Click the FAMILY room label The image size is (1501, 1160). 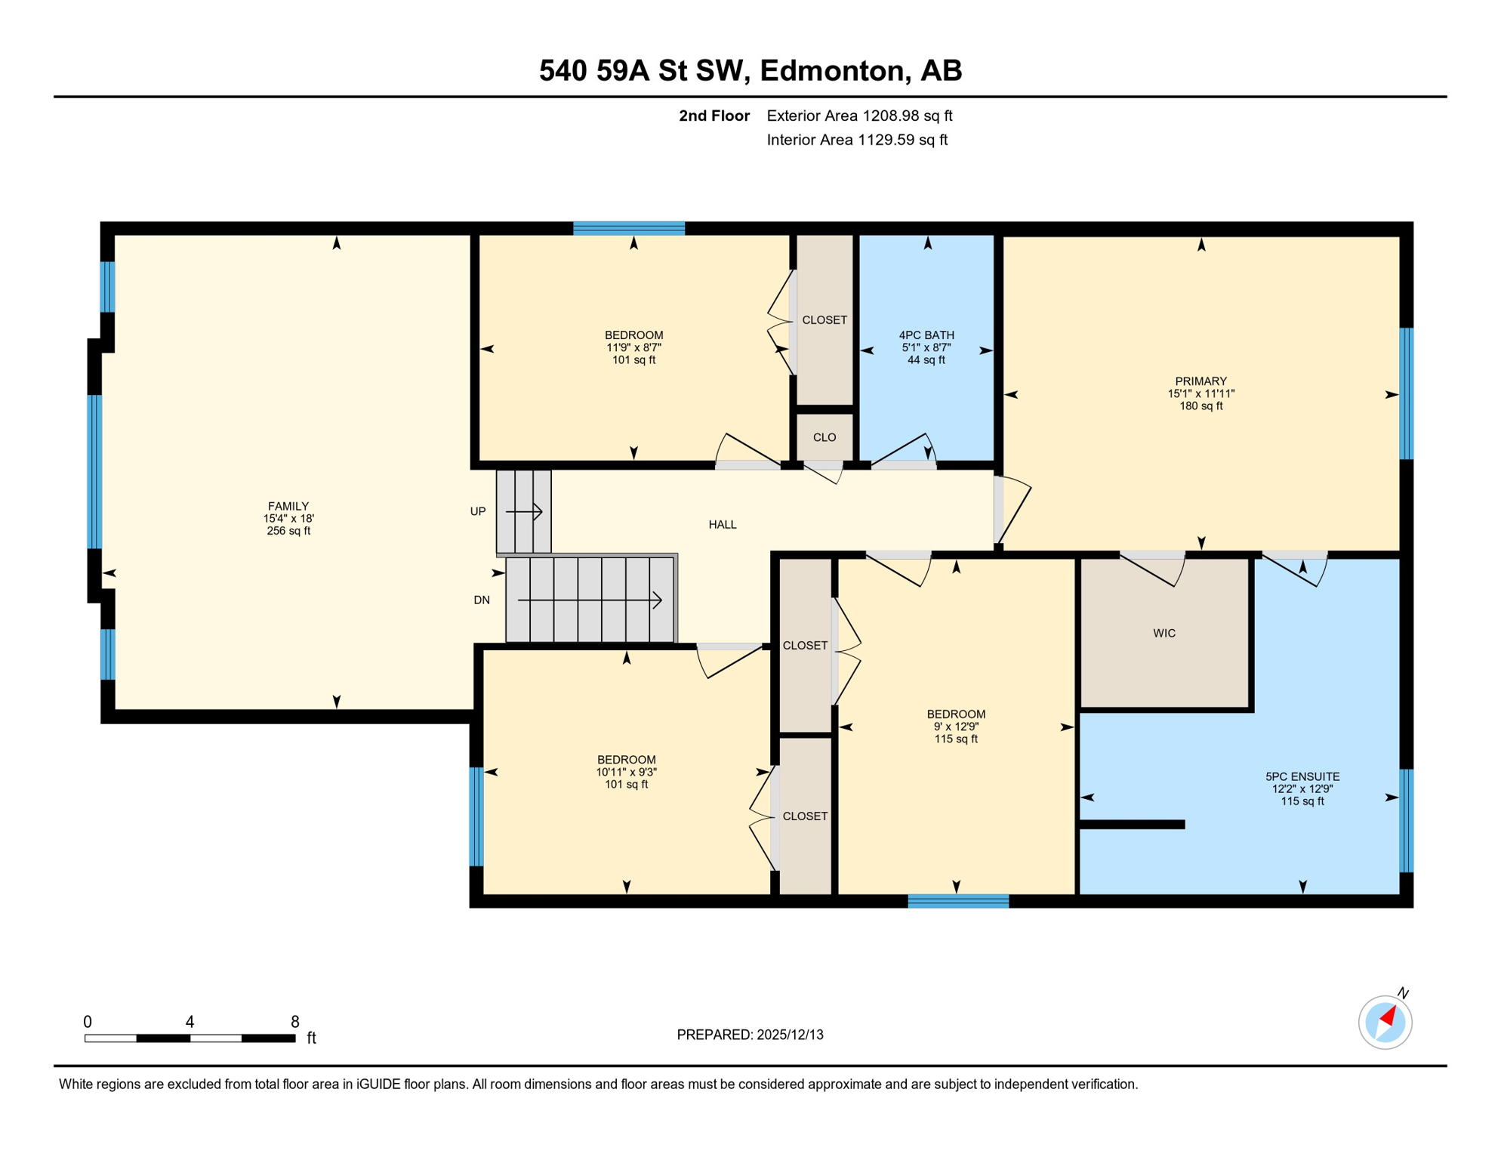tap(288, 506)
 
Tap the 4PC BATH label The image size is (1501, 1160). tap(926, 335)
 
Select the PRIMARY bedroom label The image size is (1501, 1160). tap(1200, 381)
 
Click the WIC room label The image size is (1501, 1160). tap(1164, 633)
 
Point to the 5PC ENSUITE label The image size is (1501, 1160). tap(1302, 776)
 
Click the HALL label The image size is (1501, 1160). tap(722, 524)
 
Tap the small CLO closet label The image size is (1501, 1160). tap(824, 437)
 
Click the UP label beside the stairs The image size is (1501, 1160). tap(477, 511)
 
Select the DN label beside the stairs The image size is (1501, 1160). tap(481, 600)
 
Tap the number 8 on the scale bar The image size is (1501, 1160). tap(294, 1021)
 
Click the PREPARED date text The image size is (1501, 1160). tap(749, 1035)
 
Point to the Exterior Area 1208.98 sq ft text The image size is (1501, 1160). tap(858, 116)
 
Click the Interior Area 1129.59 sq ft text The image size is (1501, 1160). tap(856, 140)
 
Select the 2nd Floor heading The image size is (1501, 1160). tap(714, 116)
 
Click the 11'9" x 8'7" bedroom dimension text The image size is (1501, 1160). tap(633, 347)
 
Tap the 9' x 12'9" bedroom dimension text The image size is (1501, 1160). tap(955, 727)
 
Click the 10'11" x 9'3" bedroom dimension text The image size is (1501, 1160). tap(626, 772)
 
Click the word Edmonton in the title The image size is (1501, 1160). tap(831, 70)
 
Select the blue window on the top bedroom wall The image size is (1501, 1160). tap(628, 228)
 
